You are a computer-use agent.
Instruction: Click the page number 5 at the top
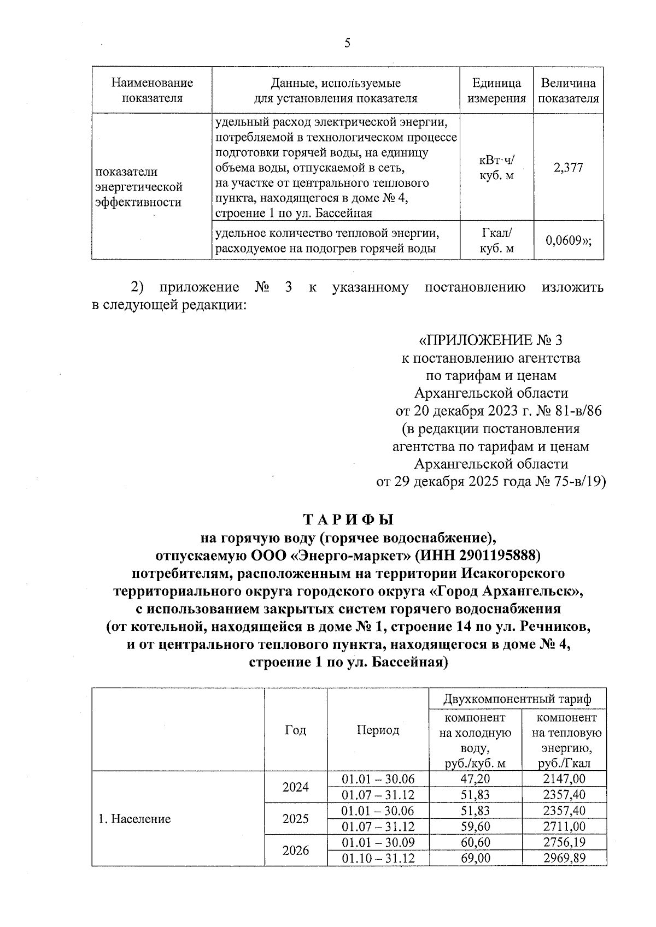(348, 43)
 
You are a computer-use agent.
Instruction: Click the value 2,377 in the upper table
(568, 168)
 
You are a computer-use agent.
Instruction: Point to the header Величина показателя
(568, 91)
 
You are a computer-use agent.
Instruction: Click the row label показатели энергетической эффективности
(139, 187)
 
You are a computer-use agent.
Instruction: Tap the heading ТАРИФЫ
(348, 519)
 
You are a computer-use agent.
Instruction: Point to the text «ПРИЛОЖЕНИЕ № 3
(490, 341)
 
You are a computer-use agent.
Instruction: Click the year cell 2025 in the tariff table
(295, 819)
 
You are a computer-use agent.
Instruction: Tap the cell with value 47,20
(475, 778)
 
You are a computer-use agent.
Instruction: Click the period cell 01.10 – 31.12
(378, 858)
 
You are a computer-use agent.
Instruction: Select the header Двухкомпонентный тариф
(517, 699)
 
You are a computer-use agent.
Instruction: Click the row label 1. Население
(134, 819)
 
